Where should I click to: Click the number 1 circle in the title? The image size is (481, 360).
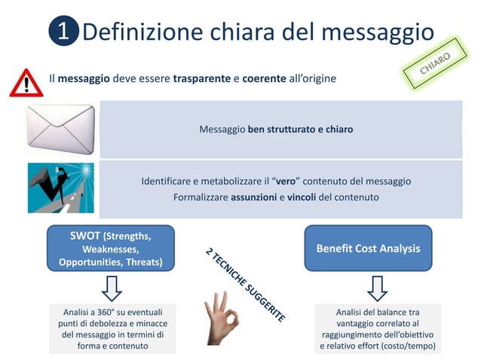pos(64,32)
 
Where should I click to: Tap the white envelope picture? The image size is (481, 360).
pos(60,129)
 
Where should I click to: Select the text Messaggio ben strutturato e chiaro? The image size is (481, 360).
pos(276,130)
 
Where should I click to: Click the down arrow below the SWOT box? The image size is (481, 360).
pos(112,288)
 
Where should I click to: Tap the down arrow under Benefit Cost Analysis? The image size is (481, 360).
pos(377,288)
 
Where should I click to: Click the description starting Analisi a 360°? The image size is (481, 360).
pos(112,328)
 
